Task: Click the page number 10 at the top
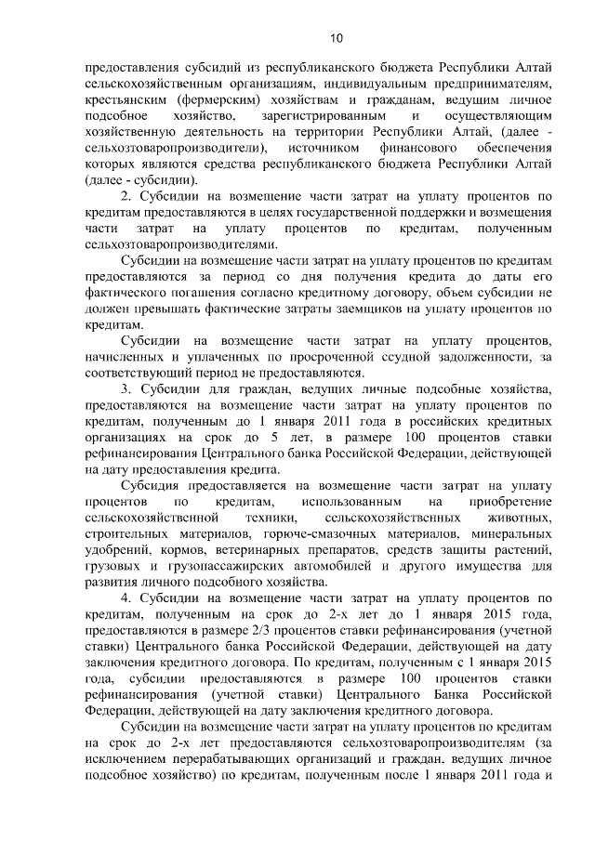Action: click(297, 37)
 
